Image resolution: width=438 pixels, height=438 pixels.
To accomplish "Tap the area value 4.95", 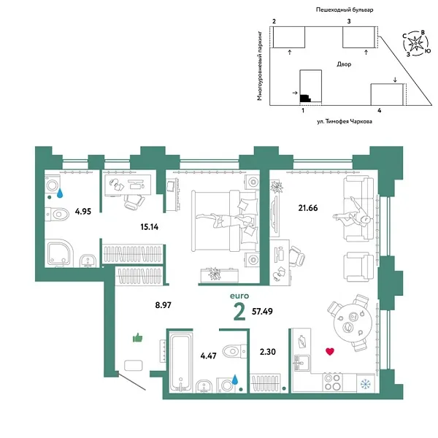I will point(85,213).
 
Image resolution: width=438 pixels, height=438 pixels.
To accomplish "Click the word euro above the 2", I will point(240,295).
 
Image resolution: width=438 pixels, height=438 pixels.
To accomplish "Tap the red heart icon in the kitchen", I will point(329,352).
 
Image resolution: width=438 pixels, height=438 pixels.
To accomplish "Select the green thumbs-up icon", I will point(137,337).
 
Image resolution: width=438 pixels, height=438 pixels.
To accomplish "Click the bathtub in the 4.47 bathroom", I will point(180,361).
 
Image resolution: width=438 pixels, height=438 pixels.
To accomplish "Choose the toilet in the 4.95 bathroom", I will point(55,215).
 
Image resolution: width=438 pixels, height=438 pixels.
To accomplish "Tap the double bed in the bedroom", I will point(223,220).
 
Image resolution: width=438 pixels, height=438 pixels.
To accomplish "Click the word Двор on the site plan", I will point(345,64).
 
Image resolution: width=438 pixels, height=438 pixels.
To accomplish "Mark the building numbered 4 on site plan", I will point(387,96).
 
